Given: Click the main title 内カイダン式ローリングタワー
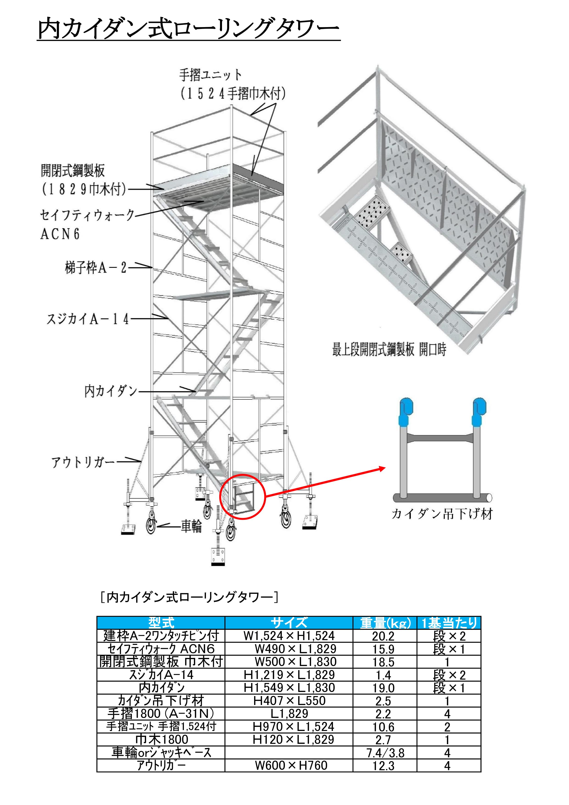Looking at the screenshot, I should (189, 28).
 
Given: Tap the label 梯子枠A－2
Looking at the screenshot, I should (95, 268).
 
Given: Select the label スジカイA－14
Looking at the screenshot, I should (88, 319).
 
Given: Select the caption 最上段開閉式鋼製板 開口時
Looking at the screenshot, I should (389, 349).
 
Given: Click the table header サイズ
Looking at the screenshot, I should (289, 623).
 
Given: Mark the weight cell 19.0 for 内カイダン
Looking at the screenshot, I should (383, 688).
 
